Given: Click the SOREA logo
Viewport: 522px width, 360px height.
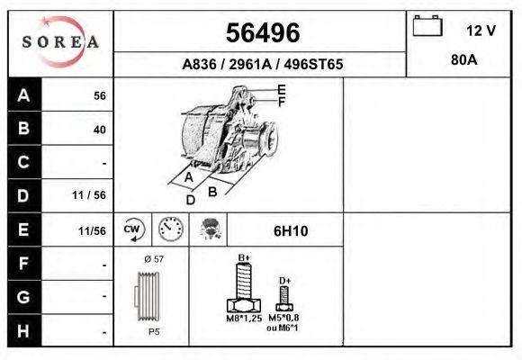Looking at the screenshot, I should coord(60,42).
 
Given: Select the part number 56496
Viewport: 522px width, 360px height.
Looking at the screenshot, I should coord(261,32).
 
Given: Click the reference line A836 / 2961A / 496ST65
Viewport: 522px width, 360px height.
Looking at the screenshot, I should coord(262,65).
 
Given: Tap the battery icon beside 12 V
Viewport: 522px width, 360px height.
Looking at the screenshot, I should coord(426,28).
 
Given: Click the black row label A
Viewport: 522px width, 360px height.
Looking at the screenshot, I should coord(24,95).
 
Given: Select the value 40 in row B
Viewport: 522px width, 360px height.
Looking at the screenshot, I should coord(99,130).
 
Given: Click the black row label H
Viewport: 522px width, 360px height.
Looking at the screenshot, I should coord(24,330).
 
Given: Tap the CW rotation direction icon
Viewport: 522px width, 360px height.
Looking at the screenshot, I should coord(133,230).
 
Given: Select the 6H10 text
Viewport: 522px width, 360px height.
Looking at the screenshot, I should coord(290,231).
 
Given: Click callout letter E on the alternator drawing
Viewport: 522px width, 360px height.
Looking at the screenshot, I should coord(281,89).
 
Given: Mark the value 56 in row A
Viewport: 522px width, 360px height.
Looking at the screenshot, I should coord(100,96).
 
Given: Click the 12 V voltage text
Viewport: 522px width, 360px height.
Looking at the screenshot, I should coord(481,31).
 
